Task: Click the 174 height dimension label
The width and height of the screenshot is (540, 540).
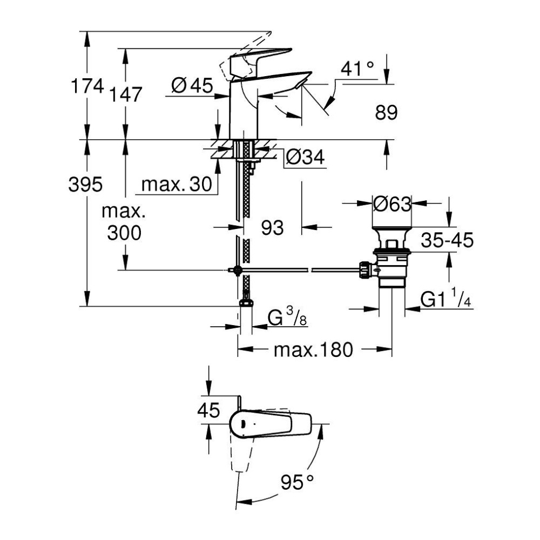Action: click(x=87, y=86)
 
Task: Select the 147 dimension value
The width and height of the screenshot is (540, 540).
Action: click(x=126, y=94)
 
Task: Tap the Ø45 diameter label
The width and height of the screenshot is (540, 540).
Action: click(x=192, y=85)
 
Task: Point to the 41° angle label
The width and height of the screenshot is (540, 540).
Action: click(x=357, y=69)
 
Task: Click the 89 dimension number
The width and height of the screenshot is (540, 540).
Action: click(x=385, y=112)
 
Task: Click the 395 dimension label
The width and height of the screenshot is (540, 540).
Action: click(x=85, y=185)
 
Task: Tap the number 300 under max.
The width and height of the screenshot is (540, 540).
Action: click(x=124, y=233)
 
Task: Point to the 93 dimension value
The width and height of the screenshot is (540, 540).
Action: click(x=273, y=228)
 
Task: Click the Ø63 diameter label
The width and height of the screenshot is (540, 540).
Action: click(x=393, y=204)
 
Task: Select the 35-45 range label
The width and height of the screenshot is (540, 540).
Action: click(x=447, y=240)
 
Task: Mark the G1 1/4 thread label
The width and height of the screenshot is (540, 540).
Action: click(x=446, y=300)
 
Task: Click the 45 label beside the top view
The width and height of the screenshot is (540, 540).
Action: click(x=208, y=411)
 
